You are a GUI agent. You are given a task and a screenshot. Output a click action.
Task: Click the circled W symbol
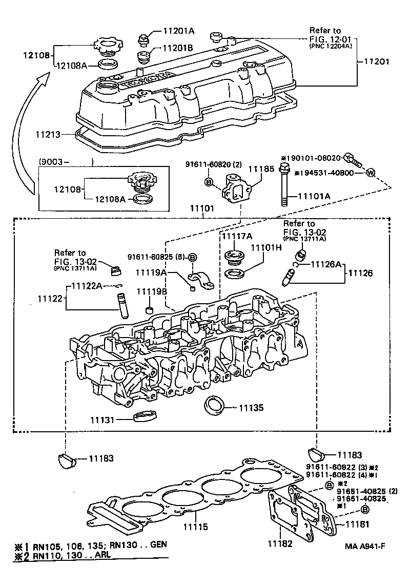point(371,173)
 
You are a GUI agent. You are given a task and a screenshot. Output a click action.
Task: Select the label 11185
point(260,168)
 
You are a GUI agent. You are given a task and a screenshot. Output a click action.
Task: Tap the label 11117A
point(236,236)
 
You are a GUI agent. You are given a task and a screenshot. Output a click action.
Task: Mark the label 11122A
point(88,285)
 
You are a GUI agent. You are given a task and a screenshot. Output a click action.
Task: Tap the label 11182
point(281,543)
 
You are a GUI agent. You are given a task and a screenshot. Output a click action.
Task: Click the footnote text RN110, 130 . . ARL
point(71,555)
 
